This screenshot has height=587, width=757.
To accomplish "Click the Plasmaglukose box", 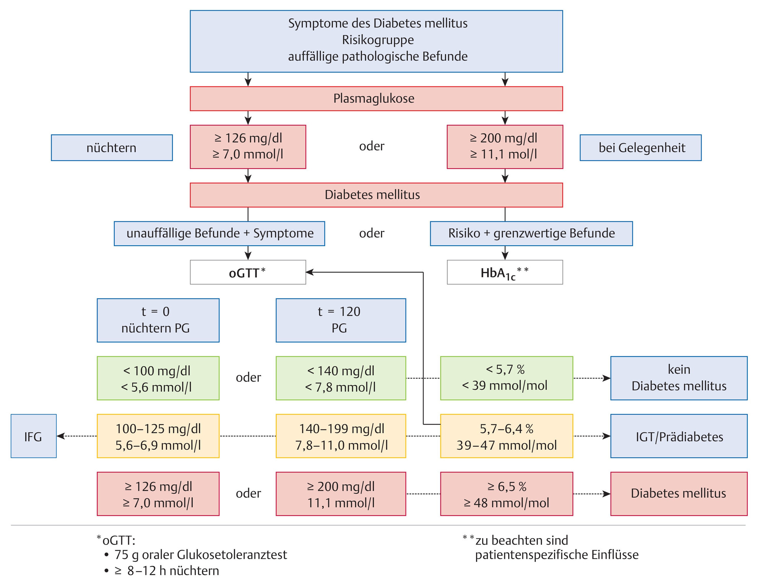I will click(x=376, y=99).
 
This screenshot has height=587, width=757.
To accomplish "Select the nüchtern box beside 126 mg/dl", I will click(x=112, y=148).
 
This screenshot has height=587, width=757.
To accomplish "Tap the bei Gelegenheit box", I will click(x=640, y=148).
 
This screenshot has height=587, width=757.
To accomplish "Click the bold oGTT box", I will click(x=248, y=272).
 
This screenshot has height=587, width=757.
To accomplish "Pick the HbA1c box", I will click(x=505, y=272).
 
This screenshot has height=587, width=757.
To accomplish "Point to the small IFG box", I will click(x=34, y=436).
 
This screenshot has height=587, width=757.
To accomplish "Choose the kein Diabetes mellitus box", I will click(x=679, y=378).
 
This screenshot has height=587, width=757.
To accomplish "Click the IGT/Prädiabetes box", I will click(x=679, y=436).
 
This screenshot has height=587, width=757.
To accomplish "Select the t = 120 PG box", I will click(x=341, y=320).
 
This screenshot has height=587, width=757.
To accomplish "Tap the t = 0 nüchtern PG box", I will click(x=158, y=320).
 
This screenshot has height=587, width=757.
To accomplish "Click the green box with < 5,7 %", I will click(x=506, y=378).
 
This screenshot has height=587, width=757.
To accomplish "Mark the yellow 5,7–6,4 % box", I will click(x=506, y=436).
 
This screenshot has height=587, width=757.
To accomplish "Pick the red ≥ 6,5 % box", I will click(x=506, y=494).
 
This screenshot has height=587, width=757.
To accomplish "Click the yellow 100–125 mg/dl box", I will click(x=158, y=436).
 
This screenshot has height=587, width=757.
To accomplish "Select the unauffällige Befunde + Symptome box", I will click(x=219, y=234).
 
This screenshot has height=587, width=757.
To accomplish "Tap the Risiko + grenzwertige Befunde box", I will click(x=531, y=234).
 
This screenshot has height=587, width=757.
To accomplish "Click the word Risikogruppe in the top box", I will click(x=378, y=40).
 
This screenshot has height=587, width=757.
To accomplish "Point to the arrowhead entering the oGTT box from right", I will click(x=309, y=272).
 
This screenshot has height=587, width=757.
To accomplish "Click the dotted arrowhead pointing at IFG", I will click(x=60, y=436).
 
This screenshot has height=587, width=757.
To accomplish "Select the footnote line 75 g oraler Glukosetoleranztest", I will click(x=200, y=555).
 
